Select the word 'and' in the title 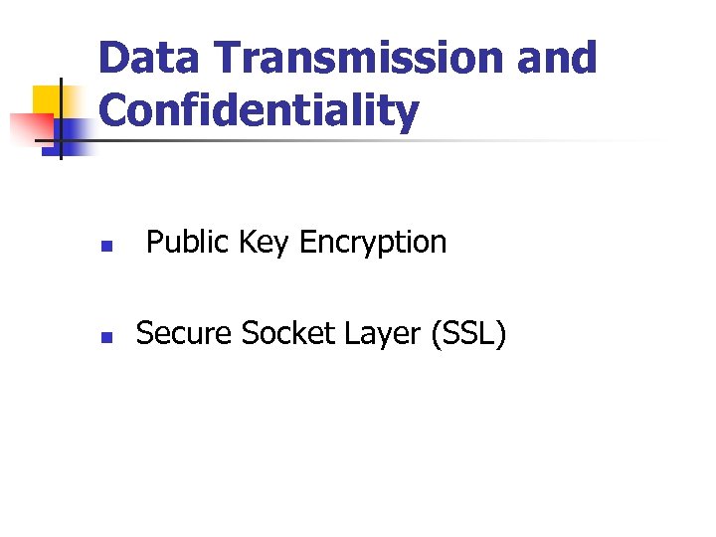[557, 59]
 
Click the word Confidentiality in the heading [259, 111]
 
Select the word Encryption [373, 243]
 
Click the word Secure [184, 334]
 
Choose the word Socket [287, 334]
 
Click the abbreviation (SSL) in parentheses [468, 335]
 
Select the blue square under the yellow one [72, 133]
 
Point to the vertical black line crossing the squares [61, 119]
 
